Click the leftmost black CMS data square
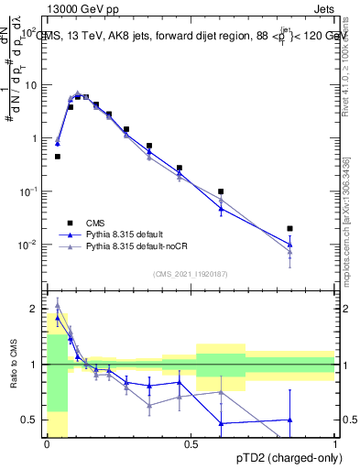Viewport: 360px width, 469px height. click(57, 157)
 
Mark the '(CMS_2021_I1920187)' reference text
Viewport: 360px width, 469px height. click(190, 273)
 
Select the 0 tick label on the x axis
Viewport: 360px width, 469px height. click(47, 443)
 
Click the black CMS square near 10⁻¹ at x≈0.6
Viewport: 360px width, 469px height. click(221, 191)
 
